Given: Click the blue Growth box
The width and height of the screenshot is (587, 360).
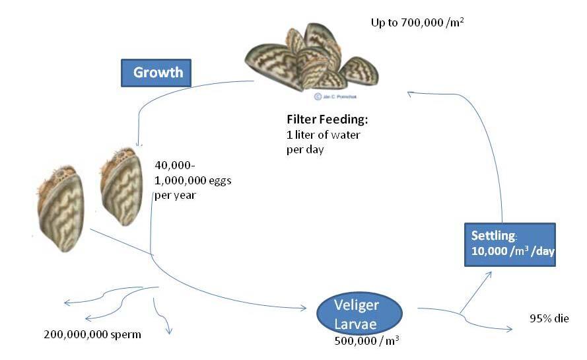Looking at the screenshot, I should point(156,73).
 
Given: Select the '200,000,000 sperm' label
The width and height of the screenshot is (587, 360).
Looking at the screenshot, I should point(92,334).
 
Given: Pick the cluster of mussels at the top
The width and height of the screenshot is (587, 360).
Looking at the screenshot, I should point(314,59).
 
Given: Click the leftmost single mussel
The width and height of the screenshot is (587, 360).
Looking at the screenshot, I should point(60,211).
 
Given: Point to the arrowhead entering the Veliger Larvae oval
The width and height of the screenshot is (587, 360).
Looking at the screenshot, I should point(304,308).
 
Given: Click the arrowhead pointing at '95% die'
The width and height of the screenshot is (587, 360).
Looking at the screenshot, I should point(510,328).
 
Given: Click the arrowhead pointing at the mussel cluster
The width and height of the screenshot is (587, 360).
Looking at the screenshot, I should point(411,94).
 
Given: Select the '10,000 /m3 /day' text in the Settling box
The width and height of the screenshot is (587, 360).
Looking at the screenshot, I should point(512,252).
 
